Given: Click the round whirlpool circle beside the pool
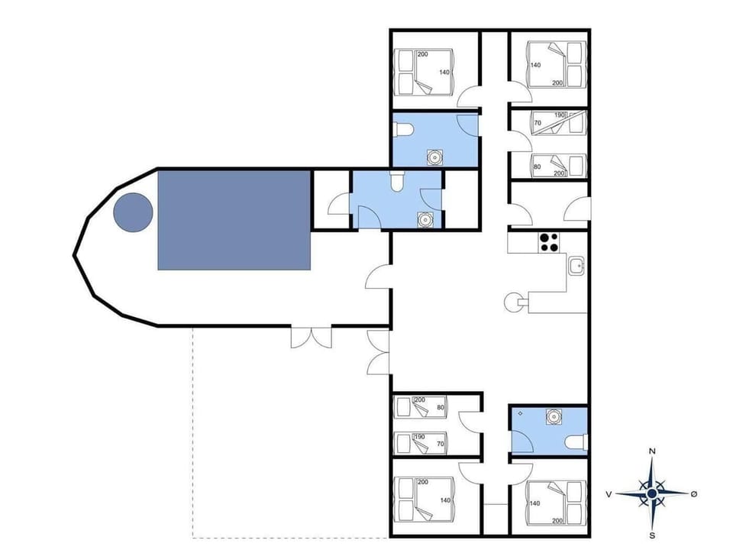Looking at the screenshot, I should [x=133, y=212].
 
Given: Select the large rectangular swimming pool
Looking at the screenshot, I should [x=234, y=220].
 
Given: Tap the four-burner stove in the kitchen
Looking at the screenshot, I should [x=547, y=241].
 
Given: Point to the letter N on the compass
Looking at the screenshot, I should [x=651, y=451].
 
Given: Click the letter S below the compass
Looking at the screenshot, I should [x=651, y=534].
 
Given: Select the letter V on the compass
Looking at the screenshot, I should [x=609, y=494].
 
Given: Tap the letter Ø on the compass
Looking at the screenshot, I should [x=693, y=494].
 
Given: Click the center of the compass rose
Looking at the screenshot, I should [x=651, y=494].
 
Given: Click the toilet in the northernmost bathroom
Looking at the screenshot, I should [x=404, y=130].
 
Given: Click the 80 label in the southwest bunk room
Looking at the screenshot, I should [x=440, y=407].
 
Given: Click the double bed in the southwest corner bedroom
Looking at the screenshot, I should [x=425, y=501].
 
